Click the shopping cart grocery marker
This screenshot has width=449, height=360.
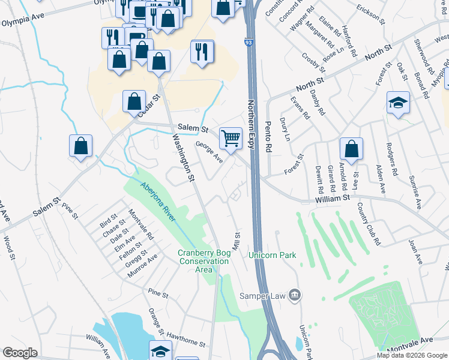(x=231, y=139)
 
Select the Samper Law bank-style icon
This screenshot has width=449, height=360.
(x=295, y=294)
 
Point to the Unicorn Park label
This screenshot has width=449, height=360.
(x=273, y=255)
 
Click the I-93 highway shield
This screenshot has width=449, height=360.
(x=248, y=43)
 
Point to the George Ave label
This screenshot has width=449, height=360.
(x=209, y=152)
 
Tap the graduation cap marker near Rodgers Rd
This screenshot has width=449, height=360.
(x=398, y=103)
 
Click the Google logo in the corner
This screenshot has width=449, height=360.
(x=20, y=353)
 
